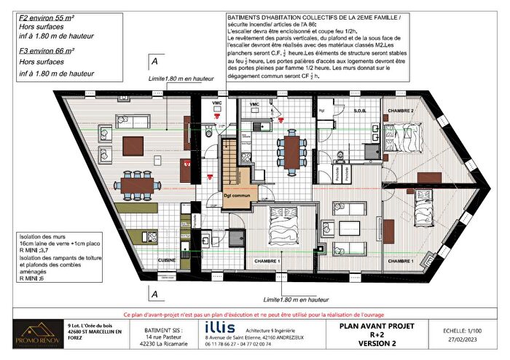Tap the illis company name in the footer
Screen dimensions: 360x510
221,326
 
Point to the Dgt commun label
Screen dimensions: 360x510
238,195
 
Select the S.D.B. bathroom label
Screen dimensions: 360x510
360,110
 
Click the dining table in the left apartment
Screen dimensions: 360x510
136,187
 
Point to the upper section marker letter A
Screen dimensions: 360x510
152,61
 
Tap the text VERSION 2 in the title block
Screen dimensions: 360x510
387,343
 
